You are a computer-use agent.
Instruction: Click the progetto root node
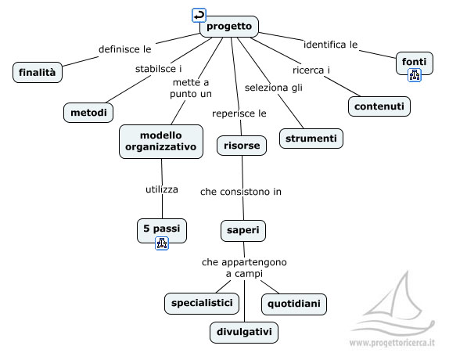(x=229, y=27)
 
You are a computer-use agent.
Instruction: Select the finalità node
(x=38, y=72)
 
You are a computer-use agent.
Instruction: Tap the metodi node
(x=88, y=113)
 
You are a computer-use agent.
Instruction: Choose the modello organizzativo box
(x=161, y=142)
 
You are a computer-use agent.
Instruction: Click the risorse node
(x=242, y=146)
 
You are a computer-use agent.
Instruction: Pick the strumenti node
(x=311, y=139)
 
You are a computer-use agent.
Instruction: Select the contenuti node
(x=379, y=106)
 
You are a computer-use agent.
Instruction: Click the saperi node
(x=243, y=230)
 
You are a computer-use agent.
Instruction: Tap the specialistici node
(x=202, y=304)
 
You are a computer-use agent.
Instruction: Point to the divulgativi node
(x=244, y=333)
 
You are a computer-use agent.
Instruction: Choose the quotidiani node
(x=294, y=304)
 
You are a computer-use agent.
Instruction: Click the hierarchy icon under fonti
(x=415, y=75)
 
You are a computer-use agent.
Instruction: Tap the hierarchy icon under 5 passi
(x=162, y=243)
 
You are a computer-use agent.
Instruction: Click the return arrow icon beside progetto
(x=199, y=15)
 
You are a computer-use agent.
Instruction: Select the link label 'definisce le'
(x=125, y=49)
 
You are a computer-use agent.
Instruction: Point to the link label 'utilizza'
(x=162, y=189)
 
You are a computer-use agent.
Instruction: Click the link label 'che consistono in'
(x=241, y=192)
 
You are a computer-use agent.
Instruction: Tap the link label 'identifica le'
(x=330, y=45)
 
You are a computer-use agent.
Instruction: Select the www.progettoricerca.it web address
(x=392, y=343)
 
